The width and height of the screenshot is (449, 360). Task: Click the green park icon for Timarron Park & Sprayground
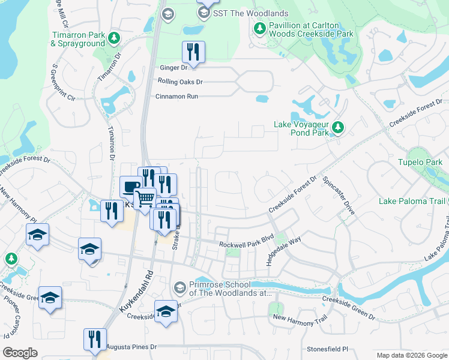pos(113,39)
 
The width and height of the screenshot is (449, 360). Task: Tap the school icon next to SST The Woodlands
pos(204,13)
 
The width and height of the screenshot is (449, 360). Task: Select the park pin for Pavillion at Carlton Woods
pos(259,28)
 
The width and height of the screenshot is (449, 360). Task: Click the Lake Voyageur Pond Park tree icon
pos(338,127)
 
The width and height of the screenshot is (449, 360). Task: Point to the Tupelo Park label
pos(420,162)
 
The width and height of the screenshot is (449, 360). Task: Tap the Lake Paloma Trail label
pos(413,201)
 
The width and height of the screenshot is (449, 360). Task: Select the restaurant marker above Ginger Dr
pos(193,52)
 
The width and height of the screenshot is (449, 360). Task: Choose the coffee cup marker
pos(131,187)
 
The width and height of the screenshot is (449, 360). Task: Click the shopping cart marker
pos(144,198)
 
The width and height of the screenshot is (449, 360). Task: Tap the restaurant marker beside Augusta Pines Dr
pos(95,340)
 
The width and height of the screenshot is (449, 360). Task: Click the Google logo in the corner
pos(20,353)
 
